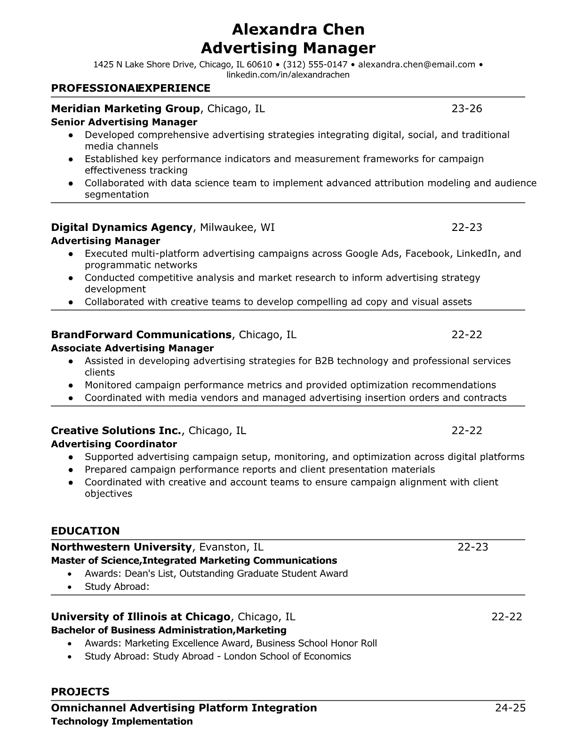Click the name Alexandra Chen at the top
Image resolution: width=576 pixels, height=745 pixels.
298,30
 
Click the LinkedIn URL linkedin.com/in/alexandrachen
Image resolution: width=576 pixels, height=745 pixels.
288,75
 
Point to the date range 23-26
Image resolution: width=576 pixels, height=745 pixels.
467,109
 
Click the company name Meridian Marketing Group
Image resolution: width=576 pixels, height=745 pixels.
125,109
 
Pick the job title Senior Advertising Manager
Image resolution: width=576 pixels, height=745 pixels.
124,122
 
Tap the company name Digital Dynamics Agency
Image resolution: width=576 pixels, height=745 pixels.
121,228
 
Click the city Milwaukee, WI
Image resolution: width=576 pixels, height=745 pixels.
237,228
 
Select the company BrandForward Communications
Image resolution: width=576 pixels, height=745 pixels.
141,335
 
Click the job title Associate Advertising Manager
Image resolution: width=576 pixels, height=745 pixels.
132,348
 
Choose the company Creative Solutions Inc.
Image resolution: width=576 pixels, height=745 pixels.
116,431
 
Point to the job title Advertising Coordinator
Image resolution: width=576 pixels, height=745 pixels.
114,444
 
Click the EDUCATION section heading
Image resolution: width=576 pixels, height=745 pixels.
85,531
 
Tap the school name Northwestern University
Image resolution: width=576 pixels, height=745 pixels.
121,547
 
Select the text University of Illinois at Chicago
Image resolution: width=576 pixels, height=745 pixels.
140,617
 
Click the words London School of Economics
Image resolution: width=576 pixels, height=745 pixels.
287,656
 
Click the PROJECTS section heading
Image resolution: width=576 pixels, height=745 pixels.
80,692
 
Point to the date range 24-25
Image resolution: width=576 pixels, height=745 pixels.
510,708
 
